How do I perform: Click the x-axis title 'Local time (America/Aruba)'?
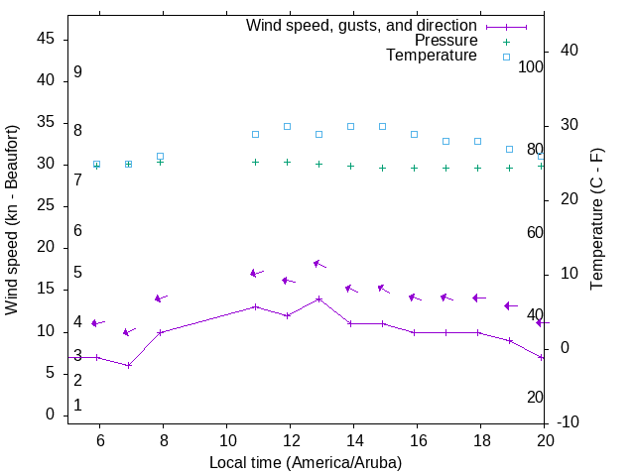[x=306, y=462]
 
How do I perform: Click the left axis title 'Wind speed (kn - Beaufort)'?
[x=12, y=220]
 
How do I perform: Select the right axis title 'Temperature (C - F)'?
[x=596, y=219]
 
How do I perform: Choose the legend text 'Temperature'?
[x=432, y=56]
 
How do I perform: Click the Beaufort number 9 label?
[x=77, y=72]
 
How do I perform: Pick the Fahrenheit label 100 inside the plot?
[x=531, y=66]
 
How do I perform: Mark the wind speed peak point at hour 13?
[x=318, y=298]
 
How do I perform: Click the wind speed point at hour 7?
[x=129, y=365]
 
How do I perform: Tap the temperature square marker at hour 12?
[x=287, y=126]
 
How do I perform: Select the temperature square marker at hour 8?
[x=160, y=156]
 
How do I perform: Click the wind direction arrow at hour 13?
[x=319, y=264]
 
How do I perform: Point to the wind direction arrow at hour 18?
[x=478, y=297]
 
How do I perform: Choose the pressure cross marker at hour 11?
[x=255, y=162]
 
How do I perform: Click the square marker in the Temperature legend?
[x=506, y=57]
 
